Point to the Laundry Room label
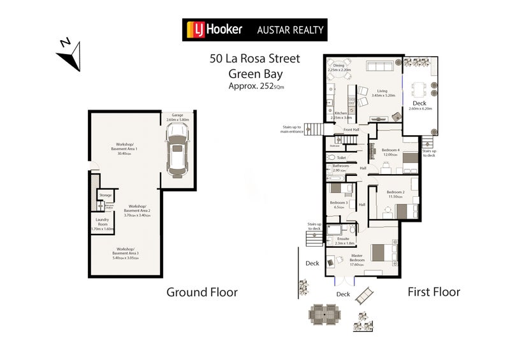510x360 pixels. click(x=102, y=223)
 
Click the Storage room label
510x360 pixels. click(x=105, y=195)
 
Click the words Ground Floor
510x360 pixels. click(x=201, y=292)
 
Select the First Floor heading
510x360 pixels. click(x=433, y=292)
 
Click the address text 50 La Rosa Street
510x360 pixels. click(x=254, y=59)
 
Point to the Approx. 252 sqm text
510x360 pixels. click(x=255, y=86)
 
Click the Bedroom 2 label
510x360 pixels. click(x=395, y=194)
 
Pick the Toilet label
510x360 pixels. click(x=341, y=157)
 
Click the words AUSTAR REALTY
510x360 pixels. click(x=290, y=30)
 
